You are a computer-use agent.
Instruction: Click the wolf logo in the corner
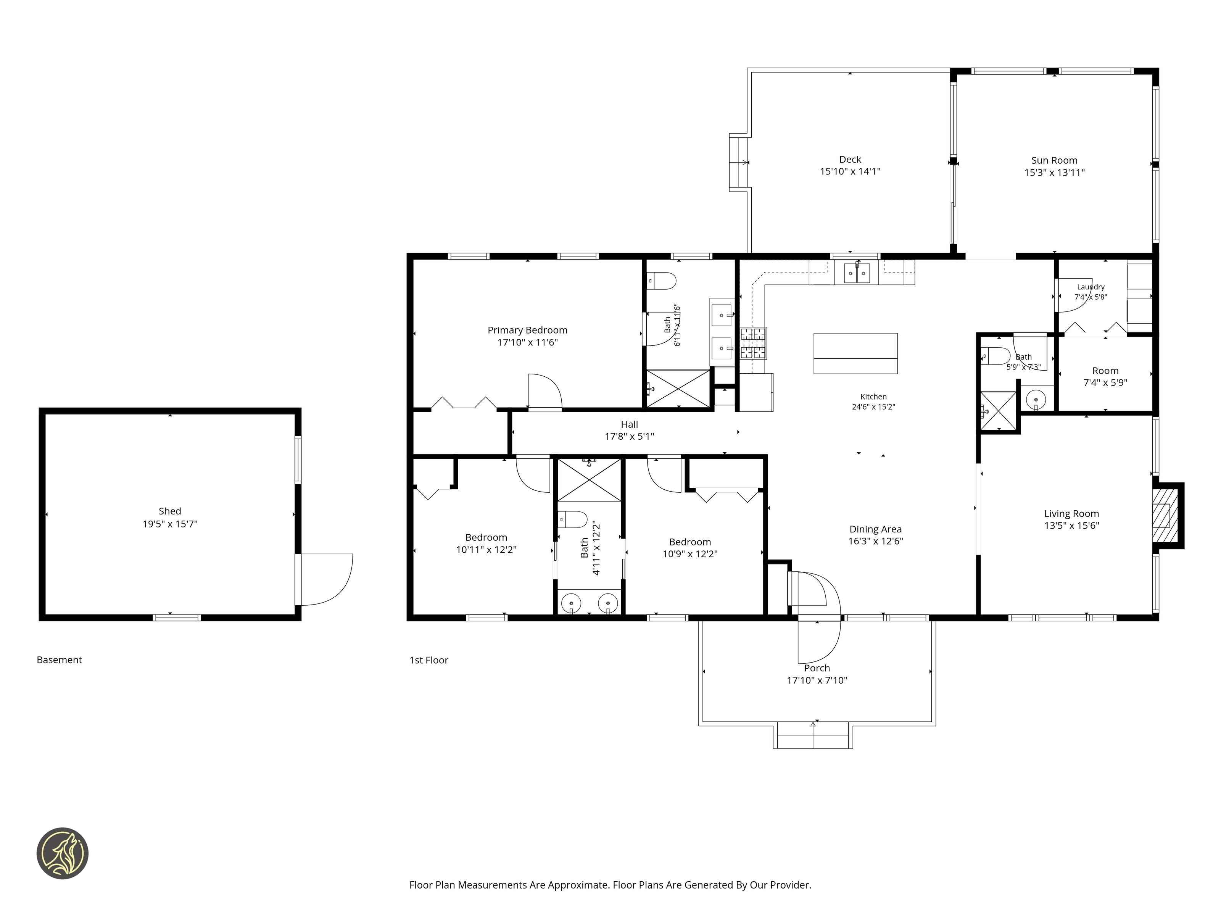62,853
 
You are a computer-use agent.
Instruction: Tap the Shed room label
170,511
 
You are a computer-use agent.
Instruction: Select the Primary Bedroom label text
527,330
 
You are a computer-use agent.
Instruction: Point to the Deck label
850,160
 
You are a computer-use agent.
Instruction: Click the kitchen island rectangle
855,353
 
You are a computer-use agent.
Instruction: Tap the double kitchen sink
857,273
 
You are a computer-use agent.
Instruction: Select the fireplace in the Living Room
1169,516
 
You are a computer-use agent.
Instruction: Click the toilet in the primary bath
661,281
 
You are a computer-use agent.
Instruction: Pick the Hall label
629,424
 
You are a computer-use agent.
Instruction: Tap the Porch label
817,668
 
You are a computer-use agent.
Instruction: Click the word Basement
59,660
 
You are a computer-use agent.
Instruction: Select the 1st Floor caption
429,660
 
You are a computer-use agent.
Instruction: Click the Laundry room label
1091,287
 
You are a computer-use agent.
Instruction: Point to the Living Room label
1071,513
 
